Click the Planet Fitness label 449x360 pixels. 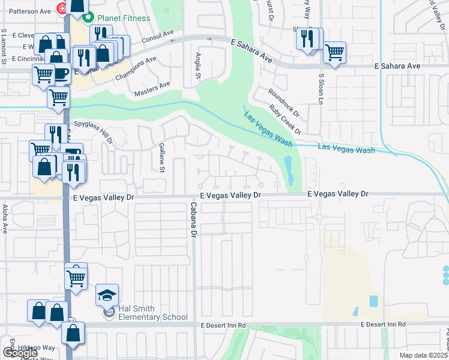(x=124, y=18)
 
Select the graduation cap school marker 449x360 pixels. (x=107, y=295)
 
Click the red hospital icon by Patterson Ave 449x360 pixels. (x=61, y=8)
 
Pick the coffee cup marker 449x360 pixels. (x=61, y=73)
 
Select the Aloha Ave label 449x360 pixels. (x=5, y=218)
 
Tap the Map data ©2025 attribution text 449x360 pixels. (x=424, y=355)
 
